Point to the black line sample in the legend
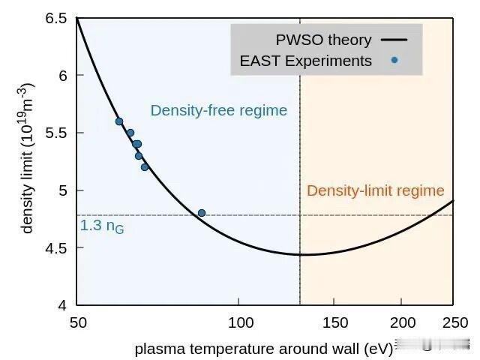pos(394,40)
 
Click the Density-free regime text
pos(219,110)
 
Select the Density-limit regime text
pos(375,190)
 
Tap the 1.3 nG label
pos(102,226)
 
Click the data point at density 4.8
pos(201,213)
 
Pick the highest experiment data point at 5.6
pos(118,121)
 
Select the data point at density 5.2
pos(145,167)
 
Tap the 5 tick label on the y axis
pos(63,190)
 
